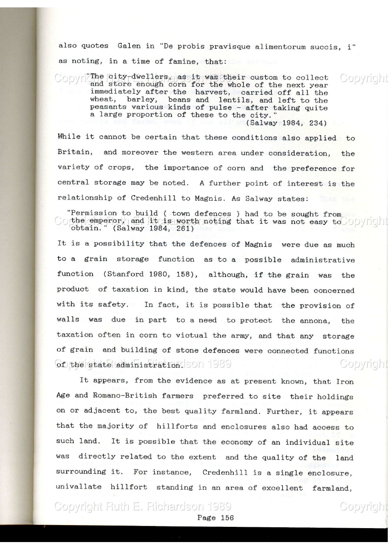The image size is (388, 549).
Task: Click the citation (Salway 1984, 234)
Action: (286, 123)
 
